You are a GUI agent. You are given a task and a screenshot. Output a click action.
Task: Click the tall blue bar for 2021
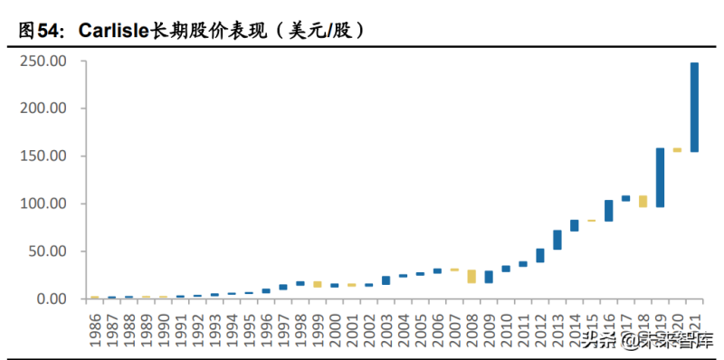[694, 107]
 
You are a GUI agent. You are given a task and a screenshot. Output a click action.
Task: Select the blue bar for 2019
[660, 177]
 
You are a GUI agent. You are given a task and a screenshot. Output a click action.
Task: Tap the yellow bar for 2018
[643, 202]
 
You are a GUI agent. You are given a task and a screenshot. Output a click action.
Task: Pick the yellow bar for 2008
[472, 276]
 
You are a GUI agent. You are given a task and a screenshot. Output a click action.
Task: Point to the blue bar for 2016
[608, 211]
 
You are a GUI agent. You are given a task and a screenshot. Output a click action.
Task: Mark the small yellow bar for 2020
[677, 150]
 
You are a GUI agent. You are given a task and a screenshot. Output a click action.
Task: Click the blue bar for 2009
[489, 277]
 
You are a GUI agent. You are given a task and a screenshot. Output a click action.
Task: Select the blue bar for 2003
[386, 280]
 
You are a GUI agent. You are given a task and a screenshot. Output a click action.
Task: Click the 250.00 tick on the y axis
[46, 62]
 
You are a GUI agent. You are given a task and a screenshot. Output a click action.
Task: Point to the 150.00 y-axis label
[46, 156]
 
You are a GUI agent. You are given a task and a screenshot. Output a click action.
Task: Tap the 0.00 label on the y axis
[52, 298]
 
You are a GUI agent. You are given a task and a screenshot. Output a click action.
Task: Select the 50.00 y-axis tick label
[50, 251]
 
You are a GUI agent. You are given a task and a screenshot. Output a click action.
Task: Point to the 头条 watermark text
[597, 341]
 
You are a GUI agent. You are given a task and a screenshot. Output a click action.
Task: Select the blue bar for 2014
[574, 225]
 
